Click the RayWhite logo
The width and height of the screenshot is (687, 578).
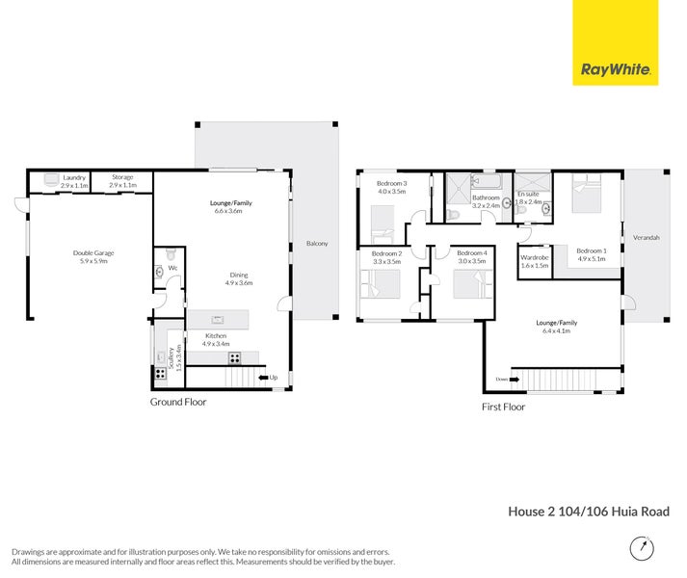(616, 69)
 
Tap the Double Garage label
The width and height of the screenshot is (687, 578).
(93, 253)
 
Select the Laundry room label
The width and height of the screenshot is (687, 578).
(74, 177)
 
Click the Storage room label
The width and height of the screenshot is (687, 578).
(122, 177)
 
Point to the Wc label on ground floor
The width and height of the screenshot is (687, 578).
(173, 268)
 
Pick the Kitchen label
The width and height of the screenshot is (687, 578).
(216, 335)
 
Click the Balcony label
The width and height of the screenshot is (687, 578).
(317, 244)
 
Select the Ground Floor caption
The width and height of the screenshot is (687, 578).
(178, 402)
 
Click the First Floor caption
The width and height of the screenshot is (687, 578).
(503, 407)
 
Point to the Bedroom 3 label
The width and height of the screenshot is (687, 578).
(392, 184)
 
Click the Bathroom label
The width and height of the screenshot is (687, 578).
(486, 197)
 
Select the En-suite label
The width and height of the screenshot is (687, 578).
(528, 195)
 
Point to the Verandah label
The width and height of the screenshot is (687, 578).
(647, 237)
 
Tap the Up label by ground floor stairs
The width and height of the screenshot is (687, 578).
(274, 377)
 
